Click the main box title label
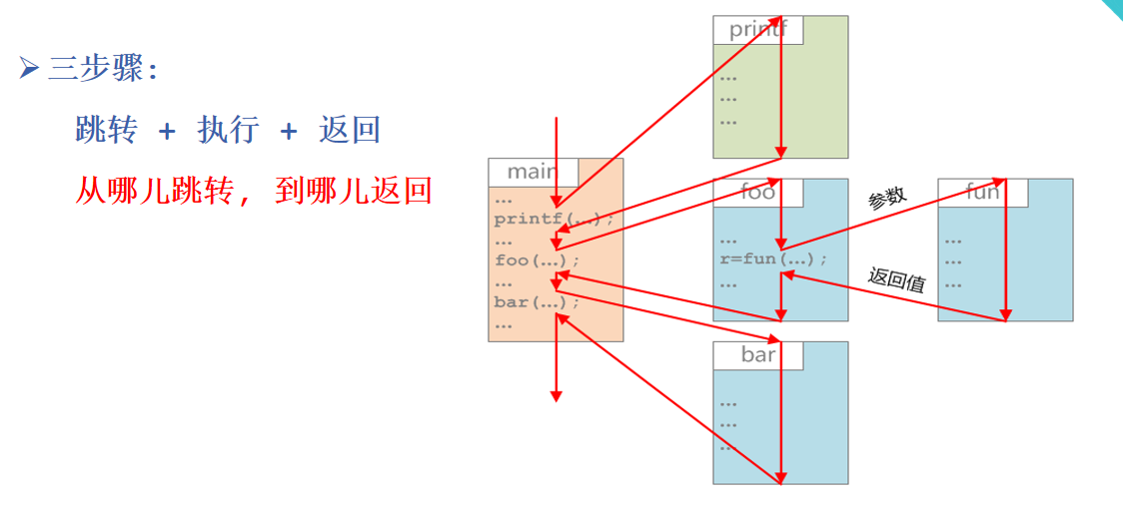click(532, 172)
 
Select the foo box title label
click(757, 192)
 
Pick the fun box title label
click(982, 192)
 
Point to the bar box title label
click(758, 354)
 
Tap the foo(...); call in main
click(536, 260)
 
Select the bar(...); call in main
click(536, 302)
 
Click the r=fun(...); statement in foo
click(772, 259)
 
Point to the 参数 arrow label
click(887, 198)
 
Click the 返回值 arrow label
click(896, 279)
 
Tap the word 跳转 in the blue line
click(106, 130)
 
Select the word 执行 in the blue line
click(228, 130)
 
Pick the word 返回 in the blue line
click(350, 130)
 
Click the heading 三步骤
click(96, 69)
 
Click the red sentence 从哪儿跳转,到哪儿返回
click(253, 190)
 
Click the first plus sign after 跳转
click(167, 131)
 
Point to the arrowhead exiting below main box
click(557, 396)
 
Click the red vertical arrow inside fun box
click(1005, 250)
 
